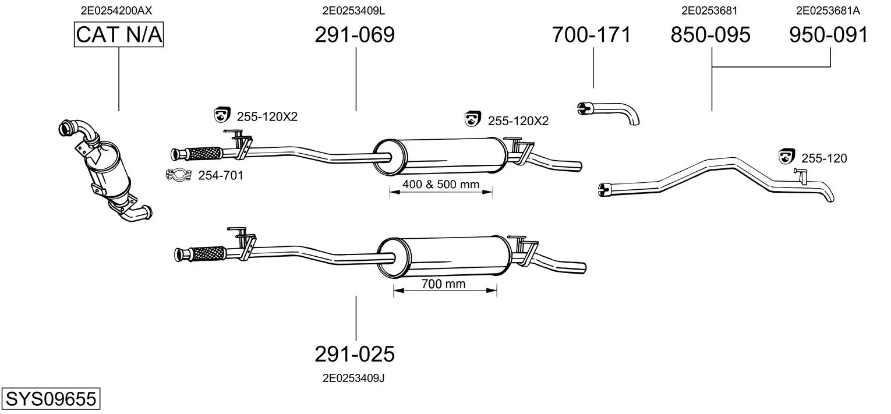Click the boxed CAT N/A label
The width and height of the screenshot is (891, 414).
119,34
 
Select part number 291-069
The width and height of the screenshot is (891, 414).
355,34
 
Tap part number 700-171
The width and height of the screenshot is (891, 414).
592,34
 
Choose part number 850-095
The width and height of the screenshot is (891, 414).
710,34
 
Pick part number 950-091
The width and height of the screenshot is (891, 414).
829,34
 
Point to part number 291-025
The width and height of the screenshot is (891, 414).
355,353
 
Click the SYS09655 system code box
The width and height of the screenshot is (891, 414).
51,398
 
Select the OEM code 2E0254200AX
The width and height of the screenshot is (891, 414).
116,10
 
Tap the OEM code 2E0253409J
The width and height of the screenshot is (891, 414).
353,378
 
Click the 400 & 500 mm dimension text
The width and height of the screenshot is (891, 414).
441,184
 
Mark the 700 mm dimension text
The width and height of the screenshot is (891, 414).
444,284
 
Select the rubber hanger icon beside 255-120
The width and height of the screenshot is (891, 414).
786,156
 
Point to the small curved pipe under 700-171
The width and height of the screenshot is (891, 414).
609,112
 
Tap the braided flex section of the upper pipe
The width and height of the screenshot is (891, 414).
204,154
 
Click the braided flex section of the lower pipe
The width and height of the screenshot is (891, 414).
208,253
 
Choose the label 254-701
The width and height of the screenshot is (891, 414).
221,175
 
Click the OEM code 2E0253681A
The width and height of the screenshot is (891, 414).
828,10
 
